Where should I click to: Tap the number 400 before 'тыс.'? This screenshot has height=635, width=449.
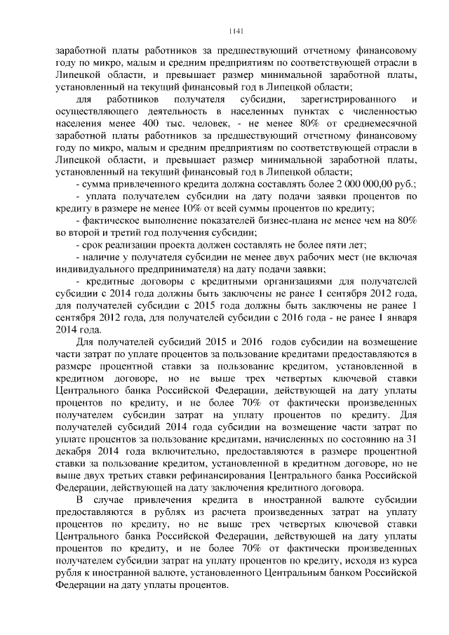(149, 123)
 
